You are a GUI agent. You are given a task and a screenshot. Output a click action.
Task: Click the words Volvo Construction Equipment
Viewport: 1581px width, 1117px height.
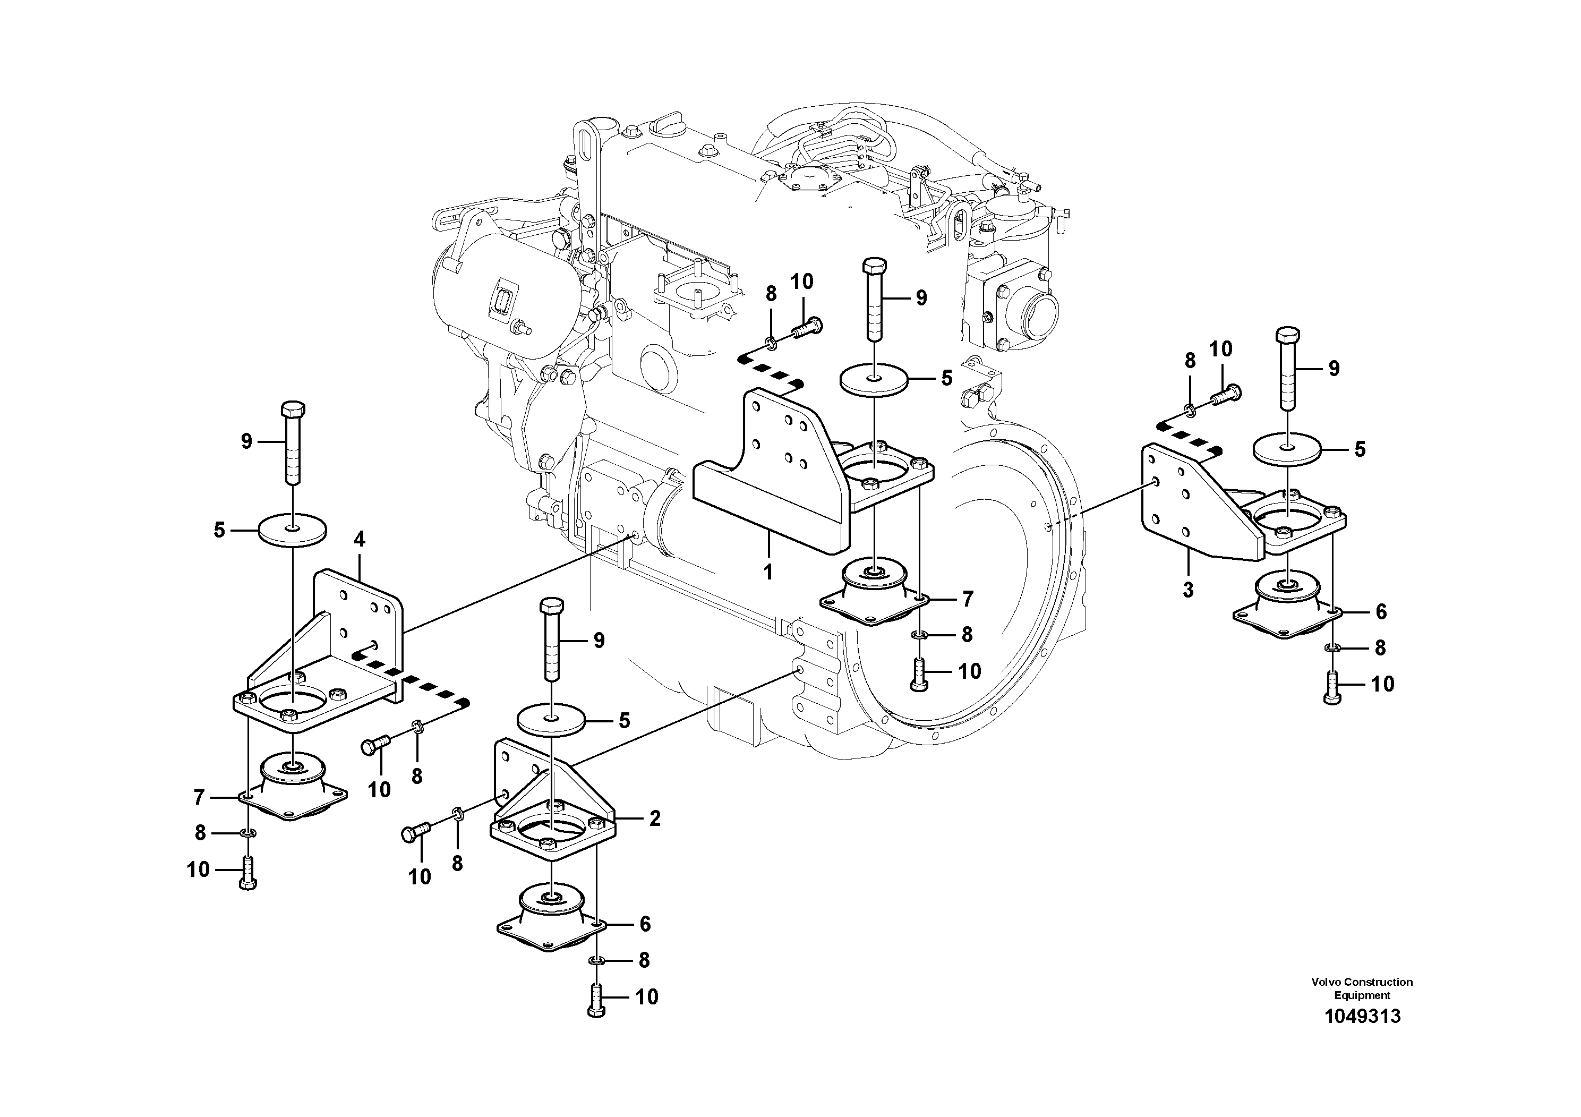(1361, 988)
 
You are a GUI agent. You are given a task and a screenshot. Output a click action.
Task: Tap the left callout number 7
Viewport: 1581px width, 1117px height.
(199, 797)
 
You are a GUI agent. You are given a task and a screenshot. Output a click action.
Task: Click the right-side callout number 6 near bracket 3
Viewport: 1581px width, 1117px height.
(1381, 611)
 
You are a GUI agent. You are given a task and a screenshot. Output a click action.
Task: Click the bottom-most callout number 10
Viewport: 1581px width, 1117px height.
(647, 996)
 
